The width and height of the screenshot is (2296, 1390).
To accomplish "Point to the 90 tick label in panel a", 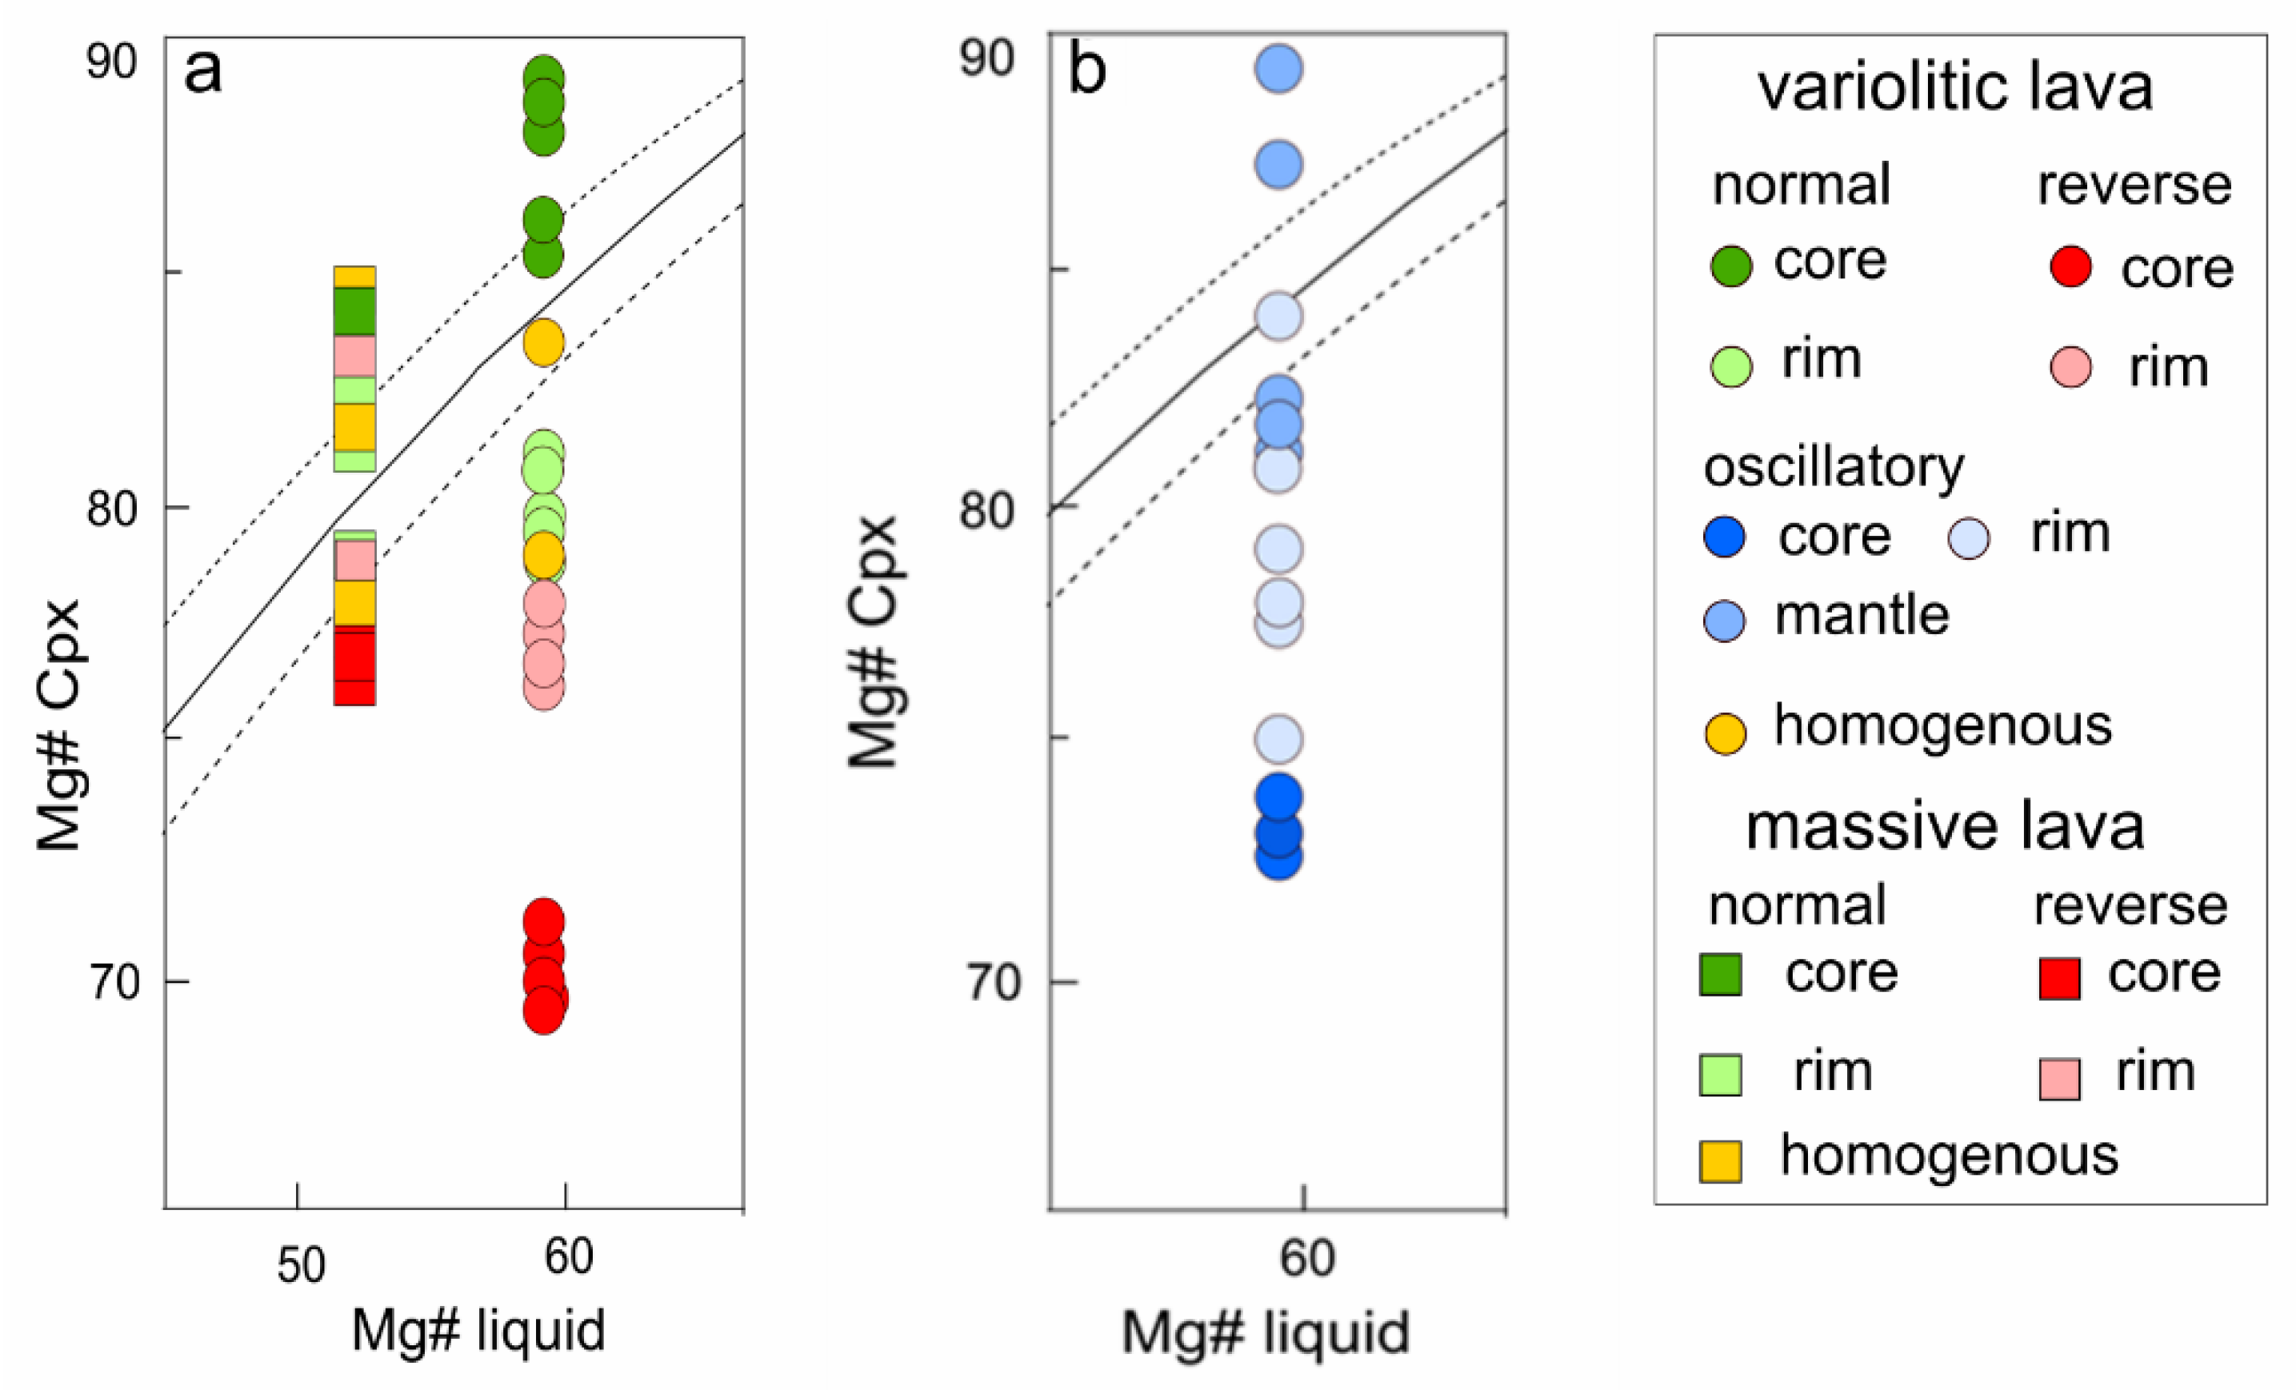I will tap(111, 62).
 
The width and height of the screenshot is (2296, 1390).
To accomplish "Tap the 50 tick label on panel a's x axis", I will tap(301, 1265).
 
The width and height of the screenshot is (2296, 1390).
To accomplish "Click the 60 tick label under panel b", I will tap(1306, 1258).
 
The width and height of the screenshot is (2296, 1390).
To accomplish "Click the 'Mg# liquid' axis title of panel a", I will tap(478, 1330).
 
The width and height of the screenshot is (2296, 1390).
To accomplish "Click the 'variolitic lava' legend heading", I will tap(1955, 89).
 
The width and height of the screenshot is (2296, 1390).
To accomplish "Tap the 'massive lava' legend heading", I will tap(1944, 827).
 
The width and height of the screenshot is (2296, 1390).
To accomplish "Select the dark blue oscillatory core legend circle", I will tap(1724, 537).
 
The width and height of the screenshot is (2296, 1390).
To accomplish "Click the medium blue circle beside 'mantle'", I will tap(1724, 621).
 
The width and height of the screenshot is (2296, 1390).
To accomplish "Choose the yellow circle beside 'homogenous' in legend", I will tap(1724, 733).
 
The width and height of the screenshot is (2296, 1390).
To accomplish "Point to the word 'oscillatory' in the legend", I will tap(1833, 467).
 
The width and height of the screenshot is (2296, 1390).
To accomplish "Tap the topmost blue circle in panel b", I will tap(1278, 69).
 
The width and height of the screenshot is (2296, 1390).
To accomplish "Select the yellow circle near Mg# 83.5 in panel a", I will tap(543, 343).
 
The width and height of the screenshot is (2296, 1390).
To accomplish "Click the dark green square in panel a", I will tap(354, 310).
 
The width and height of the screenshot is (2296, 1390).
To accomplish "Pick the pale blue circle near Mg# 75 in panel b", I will tap(1278, 740).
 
